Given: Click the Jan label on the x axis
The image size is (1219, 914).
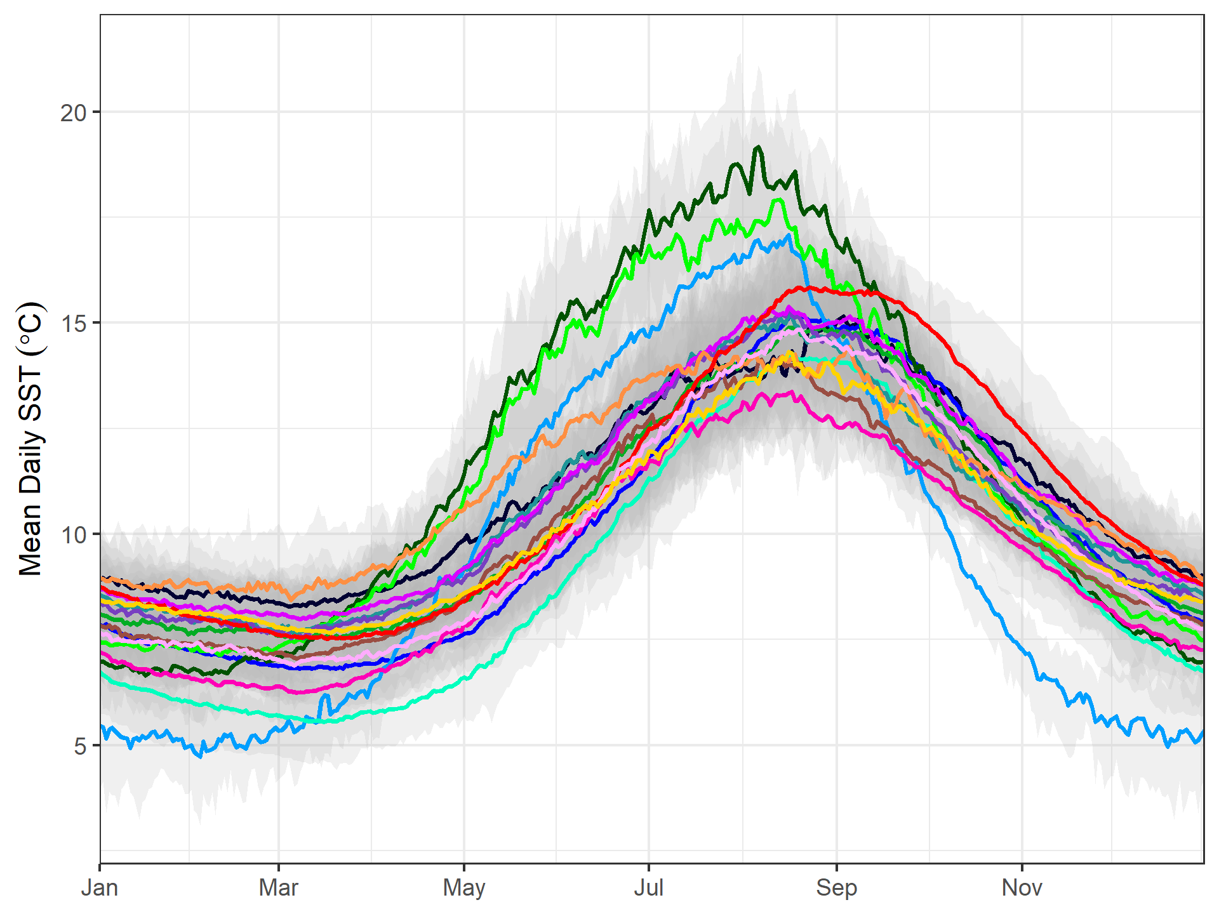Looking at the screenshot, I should pyautogui.click(x=100, y=887).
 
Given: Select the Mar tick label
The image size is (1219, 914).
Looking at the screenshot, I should pyautogui.click(x=278, y=887).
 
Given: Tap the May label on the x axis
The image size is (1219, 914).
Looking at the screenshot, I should pyautogui.click(x=464, y=887).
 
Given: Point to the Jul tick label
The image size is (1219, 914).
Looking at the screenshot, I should pyautogui.click(x=648, y=887).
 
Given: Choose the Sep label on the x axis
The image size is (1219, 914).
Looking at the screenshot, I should pyautogui.click(x=836, y=887).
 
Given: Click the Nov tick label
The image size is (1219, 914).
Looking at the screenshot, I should pyautogui.click(x=1022, y=887).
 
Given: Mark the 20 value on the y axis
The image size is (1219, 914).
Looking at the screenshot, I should pyautogui.click(x=73, y=113).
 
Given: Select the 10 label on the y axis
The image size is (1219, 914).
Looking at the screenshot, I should pyautogui.click(x=73, y=534).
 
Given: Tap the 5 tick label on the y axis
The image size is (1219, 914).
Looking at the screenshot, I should pyautogui.click(x=80, y=746).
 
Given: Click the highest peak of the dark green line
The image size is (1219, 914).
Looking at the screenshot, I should pyautogui.click(x=757, y=147).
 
